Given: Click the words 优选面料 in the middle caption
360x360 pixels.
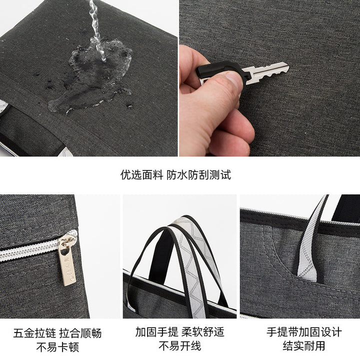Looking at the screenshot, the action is (x=141, y=175).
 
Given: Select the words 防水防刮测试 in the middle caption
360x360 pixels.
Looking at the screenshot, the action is (x=199, y=175).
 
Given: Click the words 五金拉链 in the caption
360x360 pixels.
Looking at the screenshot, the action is (x=34, y=333).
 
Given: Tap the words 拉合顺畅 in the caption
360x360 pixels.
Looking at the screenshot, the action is (x=80, y=333).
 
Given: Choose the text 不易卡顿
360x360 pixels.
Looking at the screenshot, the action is (x=57, y=347).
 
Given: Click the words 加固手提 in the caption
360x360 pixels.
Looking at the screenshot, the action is (x=157, y=332).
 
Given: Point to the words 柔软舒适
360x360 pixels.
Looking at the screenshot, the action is (x=202, y=332).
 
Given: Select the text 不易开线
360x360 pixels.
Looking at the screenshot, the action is (x=180, y=346).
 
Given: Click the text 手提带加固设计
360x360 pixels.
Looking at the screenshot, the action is (x=304, y=332).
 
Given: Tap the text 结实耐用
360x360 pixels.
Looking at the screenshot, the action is (x=304, y=345).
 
